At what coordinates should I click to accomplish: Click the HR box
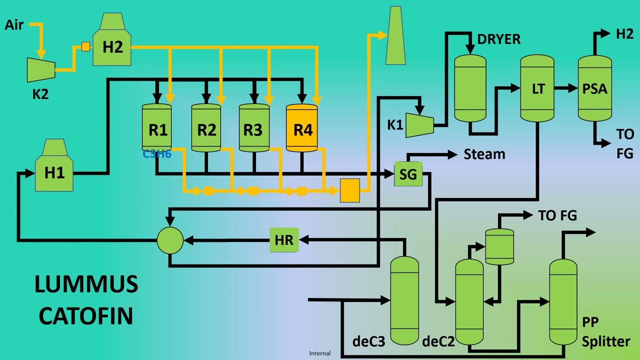[x=284, y=239]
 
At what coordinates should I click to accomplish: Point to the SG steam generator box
[x=408, y=174]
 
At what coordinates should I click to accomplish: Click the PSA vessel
[x=594, y=88]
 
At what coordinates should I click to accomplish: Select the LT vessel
[x=537, y=88]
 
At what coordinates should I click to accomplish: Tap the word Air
[x=14, y=24]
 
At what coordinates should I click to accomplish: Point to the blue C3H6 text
[x=157, y=154]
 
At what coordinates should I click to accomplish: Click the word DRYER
[x=498, y=39]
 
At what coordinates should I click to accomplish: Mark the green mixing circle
[x=170, y=240]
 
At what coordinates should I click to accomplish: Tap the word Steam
[x=484, y=154]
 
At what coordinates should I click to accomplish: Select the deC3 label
[x=368, y=342]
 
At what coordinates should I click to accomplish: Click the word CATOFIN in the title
[x=86, y=316]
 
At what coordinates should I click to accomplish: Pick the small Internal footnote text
[x=319, y=353]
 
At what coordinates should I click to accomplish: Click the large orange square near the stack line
[x=349, y=190]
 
